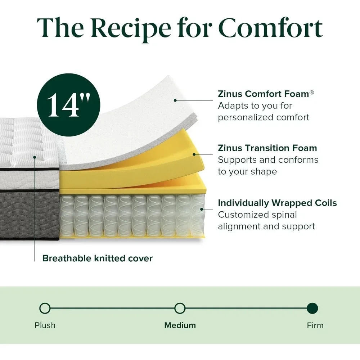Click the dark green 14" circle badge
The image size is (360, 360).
(69, 105)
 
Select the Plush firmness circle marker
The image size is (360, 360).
(45, 309)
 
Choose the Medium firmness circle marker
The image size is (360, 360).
(180, 309)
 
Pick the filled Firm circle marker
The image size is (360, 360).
(312, 309)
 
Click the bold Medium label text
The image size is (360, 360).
(180, 325)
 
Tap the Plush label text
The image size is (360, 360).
(45, 325)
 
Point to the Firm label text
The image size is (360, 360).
(315, 325)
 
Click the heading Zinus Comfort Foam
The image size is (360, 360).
(264, 94)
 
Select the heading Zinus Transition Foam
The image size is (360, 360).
(267, 148)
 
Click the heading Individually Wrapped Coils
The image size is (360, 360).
(277, 203)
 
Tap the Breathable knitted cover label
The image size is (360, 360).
(97, 258)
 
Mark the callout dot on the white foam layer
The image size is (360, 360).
(175, 100)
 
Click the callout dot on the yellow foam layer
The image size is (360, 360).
(194, 154)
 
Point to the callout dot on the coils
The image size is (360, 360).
(202, 209)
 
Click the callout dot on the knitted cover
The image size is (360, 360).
(35, 157)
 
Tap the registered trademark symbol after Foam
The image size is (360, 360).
(311, 92)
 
